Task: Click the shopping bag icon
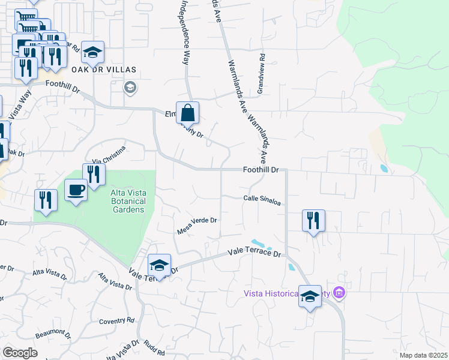[x=188, y=112]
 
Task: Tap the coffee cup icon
[x=76, y=190]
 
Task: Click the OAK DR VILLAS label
[x=104, y=70]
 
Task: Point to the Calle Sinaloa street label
[x=262, y=200]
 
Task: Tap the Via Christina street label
[x=109, y=154]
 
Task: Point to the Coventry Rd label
[x=115, y=321]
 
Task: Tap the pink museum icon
[x=339, y=293]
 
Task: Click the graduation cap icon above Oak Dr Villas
[x=93, y=52]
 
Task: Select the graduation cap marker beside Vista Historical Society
[x=310, y=296]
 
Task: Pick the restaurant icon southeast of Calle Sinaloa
[x=313, y=220]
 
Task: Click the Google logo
[x=20, y=353]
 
